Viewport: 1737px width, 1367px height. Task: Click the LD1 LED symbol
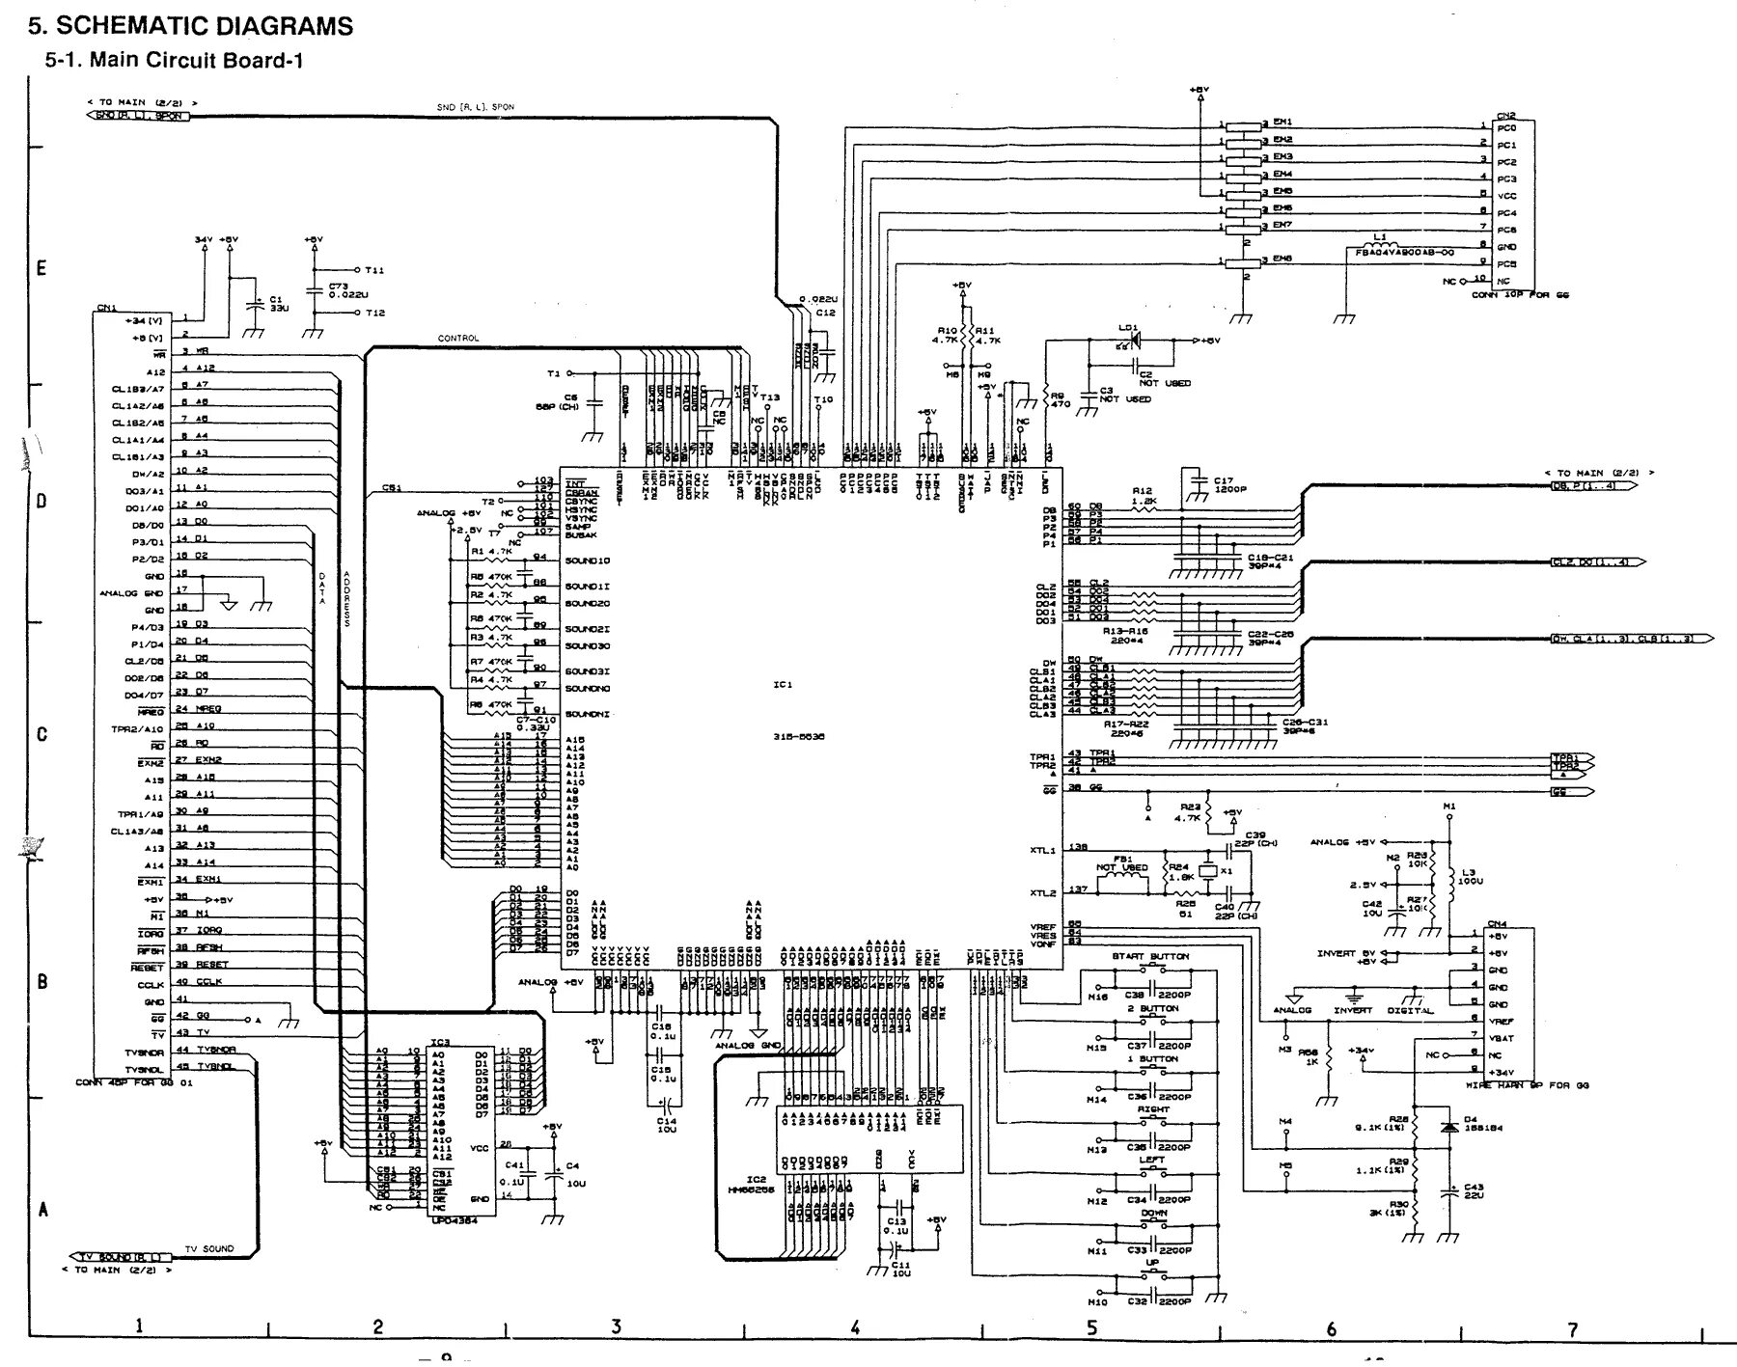[x=1135, y=341]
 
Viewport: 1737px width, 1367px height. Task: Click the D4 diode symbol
[x=1447, y=1127]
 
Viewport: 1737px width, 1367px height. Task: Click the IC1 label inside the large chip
[x=783, y=685]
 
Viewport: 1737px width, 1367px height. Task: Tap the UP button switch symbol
[x=1152, y=1275]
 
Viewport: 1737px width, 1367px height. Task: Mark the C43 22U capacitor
[x=1448, y=1192]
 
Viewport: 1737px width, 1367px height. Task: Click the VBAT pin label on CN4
[x=1503, y=1038]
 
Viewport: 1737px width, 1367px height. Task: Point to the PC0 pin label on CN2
[x=1506, y=127]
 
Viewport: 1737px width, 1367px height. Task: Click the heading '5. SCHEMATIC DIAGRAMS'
[x=190, y=26]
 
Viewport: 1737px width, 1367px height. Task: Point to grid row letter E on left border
[x=41, y=268]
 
